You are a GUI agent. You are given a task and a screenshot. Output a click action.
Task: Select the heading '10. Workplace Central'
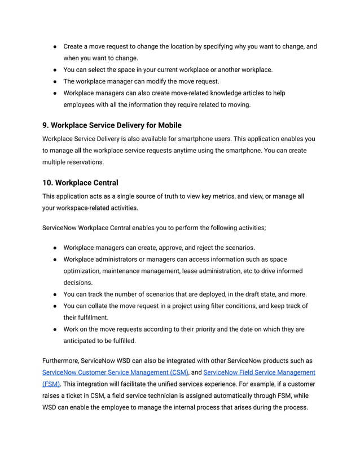tap(80, 182)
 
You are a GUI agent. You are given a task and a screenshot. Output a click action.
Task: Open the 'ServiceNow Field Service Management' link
tap(259, 372)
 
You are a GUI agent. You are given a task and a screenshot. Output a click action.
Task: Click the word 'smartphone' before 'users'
tap(229, 138)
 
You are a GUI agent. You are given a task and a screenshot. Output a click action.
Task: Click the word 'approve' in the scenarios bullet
tap(178, 248)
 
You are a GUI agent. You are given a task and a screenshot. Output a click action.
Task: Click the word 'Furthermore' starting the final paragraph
tap(60, 361)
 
